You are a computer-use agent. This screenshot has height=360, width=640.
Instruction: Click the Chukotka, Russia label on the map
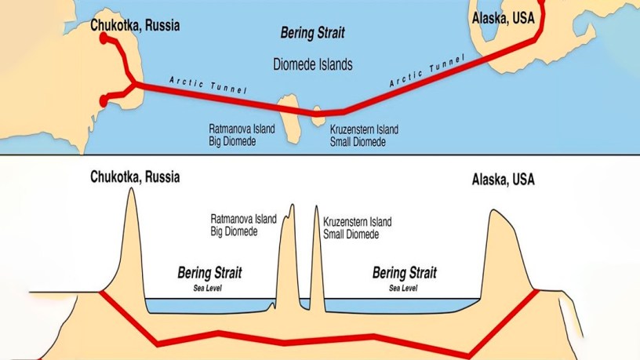click(x=135, y=25)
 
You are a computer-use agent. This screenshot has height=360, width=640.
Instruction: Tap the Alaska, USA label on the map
click(x=504, y=18)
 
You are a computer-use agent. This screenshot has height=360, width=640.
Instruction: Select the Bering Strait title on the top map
click(x=313, y=33)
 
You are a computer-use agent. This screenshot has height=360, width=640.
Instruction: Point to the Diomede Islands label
click(x=313, y=64)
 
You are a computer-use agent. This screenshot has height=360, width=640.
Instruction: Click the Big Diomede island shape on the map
click(x=289, y=118)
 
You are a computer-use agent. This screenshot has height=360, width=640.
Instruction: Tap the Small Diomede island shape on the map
click(x=318, y=116)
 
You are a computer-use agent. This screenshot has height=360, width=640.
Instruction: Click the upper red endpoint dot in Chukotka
click(x=104, y=38)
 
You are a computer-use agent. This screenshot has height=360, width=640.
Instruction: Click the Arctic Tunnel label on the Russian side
click(x=208, y=85)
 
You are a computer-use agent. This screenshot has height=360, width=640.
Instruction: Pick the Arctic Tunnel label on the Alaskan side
click(x=427, y=71)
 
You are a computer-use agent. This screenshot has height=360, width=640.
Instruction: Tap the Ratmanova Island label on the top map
click(x=242, y=129)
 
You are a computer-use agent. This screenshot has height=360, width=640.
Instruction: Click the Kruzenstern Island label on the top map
click(x=364, y=129)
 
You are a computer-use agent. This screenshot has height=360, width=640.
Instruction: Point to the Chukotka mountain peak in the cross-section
click(x=132, y=188)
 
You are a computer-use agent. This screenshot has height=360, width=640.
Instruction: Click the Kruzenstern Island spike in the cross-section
click(x=316, y=206)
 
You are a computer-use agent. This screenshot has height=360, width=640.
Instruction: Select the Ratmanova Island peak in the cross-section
click(x=292, y=205)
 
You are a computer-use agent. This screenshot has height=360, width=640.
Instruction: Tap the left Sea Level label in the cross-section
click(x=207, y=288)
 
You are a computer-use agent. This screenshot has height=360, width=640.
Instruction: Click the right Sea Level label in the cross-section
click(x=403, y=288)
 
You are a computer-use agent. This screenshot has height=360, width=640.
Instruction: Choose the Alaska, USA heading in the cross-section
click(x=504, y=180)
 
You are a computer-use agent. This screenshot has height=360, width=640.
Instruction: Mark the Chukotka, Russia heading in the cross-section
click(x=135, y=177)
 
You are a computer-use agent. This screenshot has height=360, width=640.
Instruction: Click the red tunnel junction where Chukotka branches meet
click(x=134, y=85)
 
